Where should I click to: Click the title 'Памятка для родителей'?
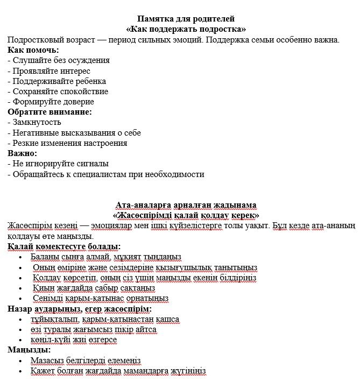pyautogui.click(x=186, y=19)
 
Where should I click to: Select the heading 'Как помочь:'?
pyautogui.click(x=33, y=50)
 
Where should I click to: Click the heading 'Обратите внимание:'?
pyautogui.click(x=50, y=111)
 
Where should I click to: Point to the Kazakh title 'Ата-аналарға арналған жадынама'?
pyautogui.click(x=186, y=204)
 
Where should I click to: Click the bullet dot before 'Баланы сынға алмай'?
pyautogui.click(x=20, y=257)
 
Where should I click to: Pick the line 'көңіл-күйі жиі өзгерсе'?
pyautogui.click(x=74, y=340)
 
